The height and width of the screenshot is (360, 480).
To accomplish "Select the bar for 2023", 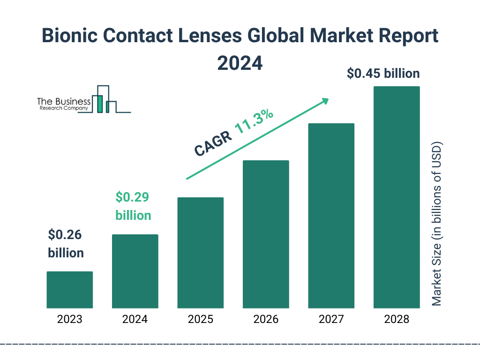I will click(x=69, y=290).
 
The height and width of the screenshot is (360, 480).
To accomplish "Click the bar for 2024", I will click(x=135, y=271).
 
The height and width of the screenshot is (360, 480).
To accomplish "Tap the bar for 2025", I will click(x=200, y=253).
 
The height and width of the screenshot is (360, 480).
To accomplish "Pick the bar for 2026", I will click(x=265, y=234).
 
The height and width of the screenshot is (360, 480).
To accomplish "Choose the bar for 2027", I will click(x=331, y=216).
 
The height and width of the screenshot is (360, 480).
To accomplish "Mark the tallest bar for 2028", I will click(x=396, y=197).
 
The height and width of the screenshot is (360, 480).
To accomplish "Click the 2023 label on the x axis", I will click(x=69, y=320).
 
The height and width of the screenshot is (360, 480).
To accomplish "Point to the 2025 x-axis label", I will click(x=200, y=320).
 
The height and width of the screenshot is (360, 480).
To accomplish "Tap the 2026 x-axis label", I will click(x=265, y=320).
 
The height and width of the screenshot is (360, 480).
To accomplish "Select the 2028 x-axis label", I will click(x=396, y=320).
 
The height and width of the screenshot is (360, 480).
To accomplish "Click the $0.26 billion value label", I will click(x=66, y=244).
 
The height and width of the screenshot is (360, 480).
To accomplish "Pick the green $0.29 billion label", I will click(x=133, y=206).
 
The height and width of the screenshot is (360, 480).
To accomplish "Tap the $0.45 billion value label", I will click(x=383, y=74).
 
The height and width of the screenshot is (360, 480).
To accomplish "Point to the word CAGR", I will click(x=212, y=143).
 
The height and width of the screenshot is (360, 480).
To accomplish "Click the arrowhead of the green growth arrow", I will click(x=325, y=101).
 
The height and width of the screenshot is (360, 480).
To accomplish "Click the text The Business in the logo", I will click(x=64, y=101).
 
